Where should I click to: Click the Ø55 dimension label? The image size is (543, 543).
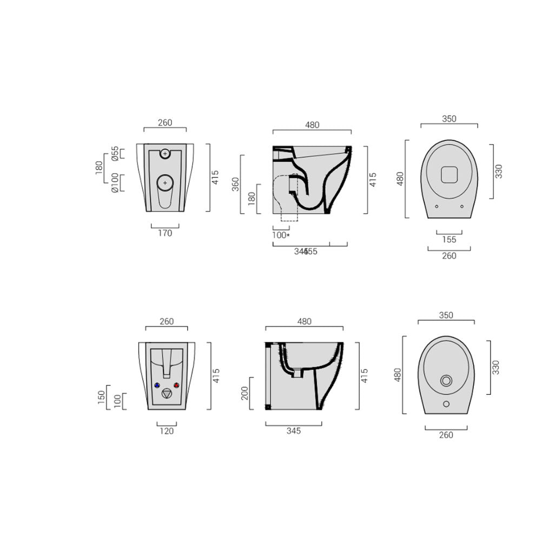click(115, 154)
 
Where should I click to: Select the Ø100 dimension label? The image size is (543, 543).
click(115, 182)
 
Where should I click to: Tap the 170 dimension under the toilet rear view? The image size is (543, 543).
click(165, 233)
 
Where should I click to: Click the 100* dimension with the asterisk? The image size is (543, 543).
click(281, 235)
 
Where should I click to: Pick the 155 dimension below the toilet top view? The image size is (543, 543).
click(449, 240)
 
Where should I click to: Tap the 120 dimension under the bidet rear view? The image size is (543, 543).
click(167, 431)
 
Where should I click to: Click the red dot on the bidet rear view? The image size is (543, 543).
click(176, 386)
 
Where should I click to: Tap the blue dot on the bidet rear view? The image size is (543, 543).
click(157, 386)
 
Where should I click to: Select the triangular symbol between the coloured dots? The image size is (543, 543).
click(167, 394)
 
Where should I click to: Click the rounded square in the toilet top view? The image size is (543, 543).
click(449, 175)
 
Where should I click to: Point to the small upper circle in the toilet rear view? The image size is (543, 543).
click(165, 154)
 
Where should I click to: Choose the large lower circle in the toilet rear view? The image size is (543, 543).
click(165, 183)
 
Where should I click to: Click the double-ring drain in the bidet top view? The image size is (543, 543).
click(446, 380)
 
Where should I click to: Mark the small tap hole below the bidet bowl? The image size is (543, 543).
click(446, 403)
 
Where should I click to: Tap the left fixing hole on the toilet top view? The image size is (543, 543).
click(436, 206)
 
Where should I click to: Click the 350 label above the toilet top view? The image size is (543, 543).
click(449, 119)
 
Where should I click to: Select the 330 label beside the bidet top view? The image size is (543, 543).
click(496, 367)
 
